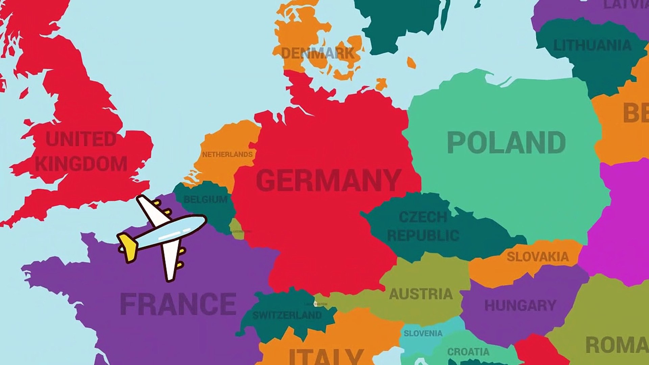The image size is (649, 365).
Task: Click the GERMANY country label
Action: [328, 180]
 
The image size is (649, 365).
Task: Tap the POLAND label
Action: [506, 143]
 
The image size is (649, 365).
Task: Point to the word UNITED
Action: [81, 139]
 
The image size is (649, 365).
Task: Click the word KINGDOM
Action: [81, 164]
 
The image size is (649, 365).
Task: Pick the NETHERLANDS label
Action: [227, 154]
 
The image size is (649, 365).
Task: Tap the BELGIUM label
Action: [206, 199]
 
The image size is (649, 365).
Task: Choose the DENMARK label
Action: [318, 53]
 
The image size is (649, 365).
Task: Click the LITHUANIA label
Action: [592, 45]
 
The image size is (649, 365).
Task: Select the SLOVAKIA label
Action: [537, 257]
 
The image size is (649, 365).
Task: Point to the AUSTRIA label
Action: [420, 294]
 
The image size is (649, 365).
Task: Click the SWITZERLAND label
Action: [287, 315]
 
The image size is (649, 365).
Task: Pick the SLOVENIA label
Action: [423, 333]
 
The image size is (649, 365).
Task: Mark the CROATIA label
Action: [468, 352]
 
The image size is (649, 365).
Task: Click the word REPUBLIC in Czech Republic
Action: [423, 235]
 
